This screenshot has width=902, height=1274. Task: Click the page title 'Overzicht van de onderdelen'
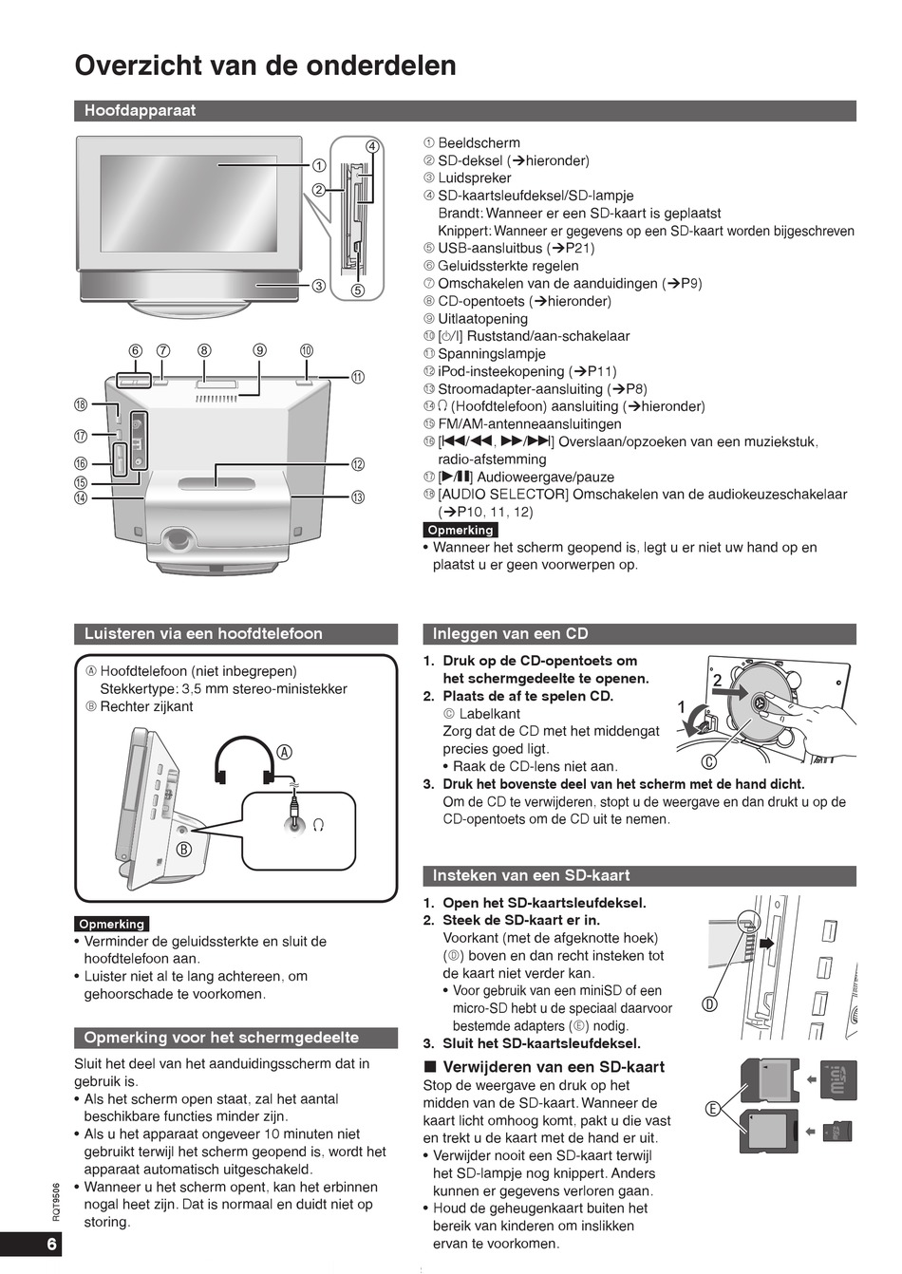[x=265, y=66]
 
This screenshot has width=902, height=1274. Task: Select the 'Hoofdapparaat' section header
[x=140, y=111]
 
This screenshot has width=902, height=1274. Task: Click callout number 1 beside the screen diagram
[x=319, y=164]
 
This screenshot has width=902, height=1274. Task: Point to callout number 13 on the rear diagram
[x=358, y=497]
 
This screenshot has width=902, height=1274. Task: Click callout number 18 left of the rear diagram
[x=81, y=405]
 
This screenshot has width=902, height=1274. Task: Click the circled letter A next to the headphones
[x=284, y=752]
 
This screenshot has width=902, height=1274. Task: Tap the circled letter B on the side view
[x=184, y=849]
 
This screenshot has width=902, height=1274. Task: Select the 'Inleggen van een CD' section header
[x=510, y=634]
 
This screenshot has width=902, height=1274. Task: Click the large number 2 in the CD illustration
[x=718, y=680]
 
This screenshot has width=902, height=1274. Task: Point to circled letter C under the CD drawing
[x=708, y=761]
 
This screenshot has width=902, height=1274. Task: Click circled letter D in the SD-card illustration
[x=708, y=1004]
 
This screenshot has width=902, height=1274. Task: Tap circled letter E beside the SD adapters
[x=711, y=1108]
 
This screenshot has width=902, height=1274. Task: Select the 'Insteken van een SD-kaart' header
[x=531, y=875]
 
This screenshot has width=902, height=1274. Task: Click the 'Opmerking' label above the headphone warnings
[x=112, y=924]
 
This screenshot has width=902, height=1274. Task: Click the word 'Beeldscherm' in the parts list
[x=479, y=143]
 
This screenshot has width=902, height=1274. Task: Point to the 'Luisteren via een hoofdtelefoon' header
[x=203, y=634]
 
